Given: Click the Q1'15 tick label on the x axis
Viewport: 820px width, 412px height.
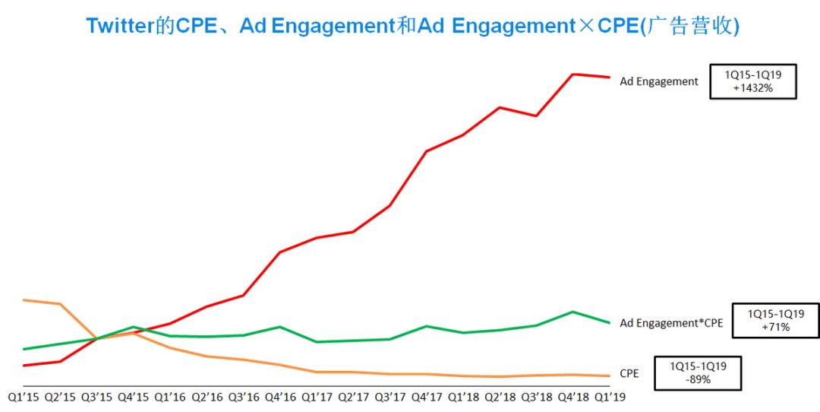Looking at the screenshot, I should point(24,396).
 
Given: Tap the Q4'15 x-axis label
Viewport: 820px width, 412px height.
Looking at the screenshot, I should point(133,396).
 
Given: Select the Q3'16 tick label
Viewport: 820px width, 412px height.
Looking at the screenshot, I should point(243,396).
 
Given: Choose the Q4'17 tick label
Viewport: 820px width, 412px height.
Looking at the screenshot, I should point(426,396).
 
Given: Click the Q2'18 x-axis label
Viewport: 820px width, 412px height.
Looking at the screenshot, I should point(500,396).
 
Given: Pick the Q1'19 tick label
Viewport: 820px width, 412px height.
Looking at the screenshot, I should point(610,396).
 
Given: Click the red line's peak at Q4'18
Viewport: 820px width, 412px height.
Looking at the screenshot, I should point(573,74).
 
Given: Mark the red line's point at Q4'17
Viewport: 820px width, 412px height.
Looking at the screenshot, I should point(427,151).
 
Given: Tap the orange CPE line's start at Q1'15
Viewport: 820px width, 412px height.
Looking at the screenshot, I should point(24,299).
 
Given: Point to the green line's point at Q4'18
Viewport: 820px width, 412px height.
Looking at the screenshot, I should point(573,312).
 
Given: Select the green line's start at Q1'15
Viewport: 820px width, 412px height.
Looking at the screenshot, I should point(24,349).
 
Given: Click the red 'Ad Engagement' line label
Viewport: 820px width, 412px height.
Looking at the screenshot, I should point(659,81).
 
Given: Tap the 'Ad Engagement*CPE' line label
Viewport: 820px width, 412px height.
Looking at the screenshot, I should point(671,323).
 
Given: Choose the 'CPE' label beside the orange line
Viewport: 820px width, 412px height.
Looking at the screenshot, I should point(629,373).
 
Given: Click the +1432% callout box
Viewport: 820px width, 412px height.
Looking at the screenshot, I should point(752,81).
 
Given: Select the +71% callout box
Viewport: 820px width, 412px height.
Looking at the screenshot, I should point(775,320).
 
